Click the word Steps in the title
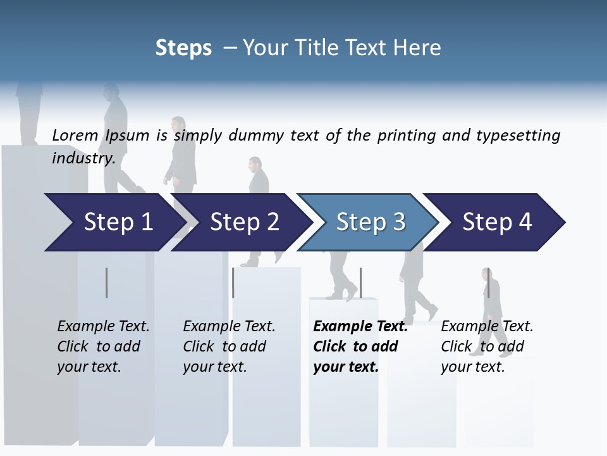tap(183, 48)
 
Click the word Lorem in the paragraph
tap(75, 135)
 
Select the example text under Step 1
tap(103, 346)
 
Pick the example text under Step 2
tap(229, 346)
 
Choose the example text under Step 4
tap(487, 346)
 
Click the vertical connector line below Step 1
tap(107, 282)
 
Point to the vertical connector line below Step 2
tap(233, 282)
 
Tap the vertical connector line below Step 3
tap(360, 282)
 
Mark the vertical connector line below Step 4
tap(488, 282)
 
